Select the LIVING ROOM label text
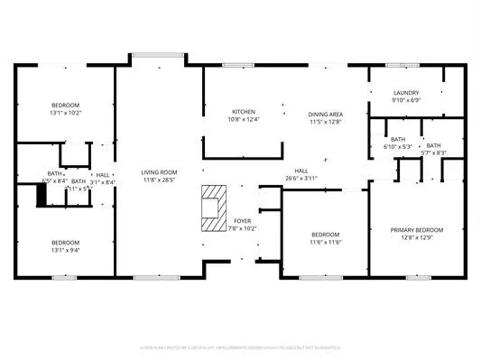tap(158, 172)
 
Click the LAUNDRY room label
tap(406, 93)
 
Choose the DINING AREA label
tap(325, 115)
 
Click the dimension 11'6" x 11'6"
tap(325, 242)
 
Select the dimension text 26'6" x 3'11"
tap(301, 178)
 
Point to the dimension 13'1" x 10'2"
tap(65, 114)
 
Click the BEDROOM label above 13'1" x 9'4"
tap(65, 242)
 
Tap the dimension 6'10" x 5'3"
tap(397, 146)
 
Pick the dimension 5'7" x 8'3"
tap(434, 153)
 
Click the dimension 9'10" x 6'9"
tap(406, 101)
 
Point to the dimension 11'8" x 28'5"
tap(158, 180)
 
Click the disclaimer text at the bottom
tap(240, 346)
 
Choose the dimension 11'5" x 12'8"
tap(325, 123)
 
